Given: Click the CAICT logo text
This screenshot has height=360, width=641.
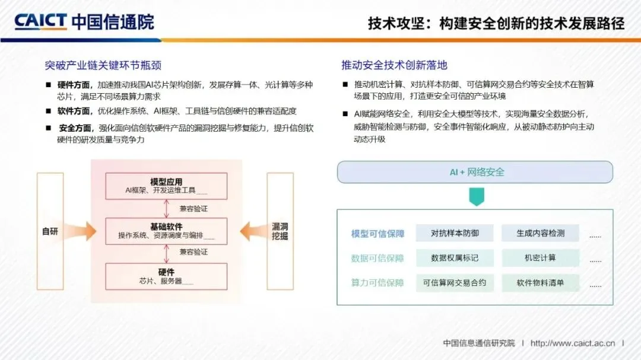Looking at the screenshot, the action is (40, 23).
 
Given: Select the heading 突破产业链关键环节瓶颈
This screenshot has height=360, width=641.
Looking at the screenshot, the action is (103, 65).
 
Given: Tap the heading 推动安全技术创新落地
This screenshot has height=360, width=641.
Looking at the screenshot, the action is (394, 65).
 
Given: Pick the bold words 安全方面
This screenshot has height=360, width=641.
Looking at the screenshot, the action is (77, 128).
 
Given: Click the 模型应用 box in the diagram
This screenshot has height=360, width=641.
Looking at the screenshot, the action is (166, 186).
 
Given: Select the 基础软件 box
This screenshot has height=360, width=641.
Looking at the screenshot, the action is (166, 231).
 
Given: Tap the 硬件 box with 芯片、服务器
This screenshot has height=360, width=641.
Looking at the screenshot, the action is (166, 276).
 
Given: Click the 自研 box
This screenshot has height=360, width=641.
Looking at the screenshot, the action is (50, 231).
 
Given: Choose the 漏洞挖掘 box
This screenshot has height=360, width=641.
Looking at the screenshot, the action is (280, 231).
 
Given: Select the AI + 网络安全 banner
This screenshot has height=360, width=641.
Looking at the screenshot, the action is (475, 172).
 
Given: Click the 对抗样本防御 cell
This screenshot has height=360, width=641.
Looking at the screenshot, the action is (455, 234).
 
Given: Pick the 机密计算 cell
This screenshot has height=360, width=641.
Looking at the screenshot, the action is (540, 258).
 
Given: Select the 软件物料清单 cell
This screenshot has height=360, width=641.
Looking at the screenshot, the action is (540, 283).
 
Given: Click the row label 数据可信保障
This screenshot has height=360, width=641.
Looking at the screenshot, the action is (377, 258).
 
